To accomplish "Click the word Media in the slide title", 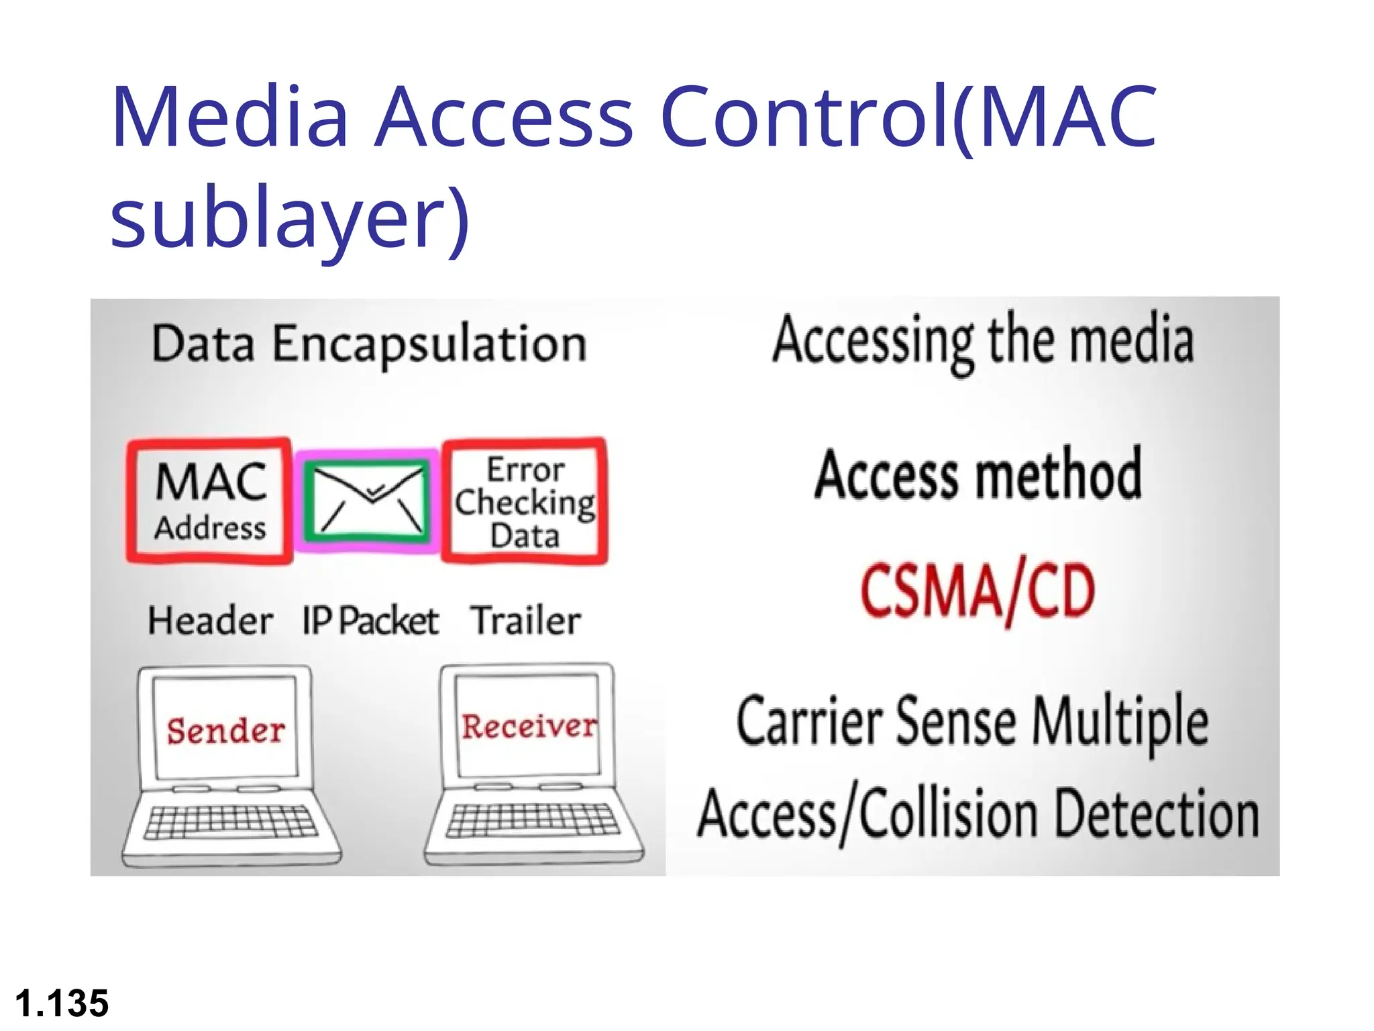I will (229, 117).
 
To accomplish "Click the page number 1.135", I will (62, 1003).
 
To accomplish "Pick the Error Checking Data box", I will (525, 501).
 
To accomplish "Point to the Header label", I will (210, 621).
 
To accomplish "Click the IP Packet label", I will (370, 621).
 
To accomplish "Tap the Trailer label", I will (525, 621).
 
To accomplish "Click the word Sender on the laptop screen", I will (226, 730).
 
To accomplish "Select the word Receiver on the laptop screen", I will (529, 726).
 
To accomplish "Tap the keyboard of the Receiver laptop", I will (533, 820).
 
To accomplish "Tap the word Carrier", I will (809, 722).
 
